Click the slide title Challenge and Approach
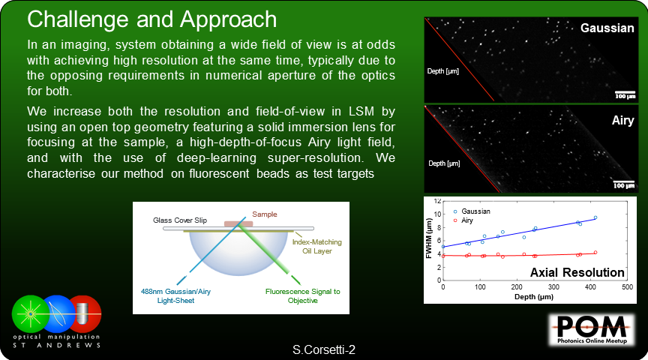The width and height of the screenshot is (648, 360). pos(151,19)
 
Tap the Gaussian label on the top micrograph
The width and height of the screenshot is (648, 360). pos(607,28)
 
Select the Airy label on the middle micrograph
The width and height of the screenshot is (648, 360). pos(622,121)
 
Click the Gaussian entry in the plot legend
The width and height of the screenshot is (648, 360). pos(475,211)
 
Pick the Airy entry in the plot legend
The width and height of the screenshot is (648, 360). pos(467,220)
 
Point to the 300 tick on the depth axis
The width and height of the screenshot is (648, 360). pos(553,286)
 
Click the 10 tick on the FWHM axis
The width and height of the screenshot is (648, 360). pos(438,214)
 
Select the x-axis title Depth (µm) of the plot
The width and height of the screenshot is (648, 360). pos(534,296)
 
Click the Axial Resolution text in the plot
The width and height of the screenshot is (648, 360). pos(577,272)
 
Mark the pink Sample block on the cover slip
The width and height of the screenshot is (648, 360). pos(238,223)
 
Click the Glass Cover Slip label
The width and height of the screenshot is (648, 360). pos(180,220)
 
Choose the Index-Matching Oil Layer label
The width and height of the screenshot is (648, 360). pos(317,246)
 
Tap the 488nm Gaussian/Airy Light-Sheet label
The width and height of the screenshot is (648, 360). pos(175,296)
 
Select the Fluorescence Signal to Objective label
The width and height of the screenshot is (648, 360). pos(302,296)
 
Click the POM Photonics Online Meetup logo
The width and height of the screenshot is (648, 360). pos(592,329)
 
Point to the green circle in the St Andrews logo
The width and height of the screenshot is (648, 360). pos(30,314)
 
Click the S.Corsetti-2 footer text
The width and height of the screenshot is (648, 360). pos(324,350)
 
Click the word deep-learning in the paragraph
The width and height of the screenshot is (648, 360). pos(217,158)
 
